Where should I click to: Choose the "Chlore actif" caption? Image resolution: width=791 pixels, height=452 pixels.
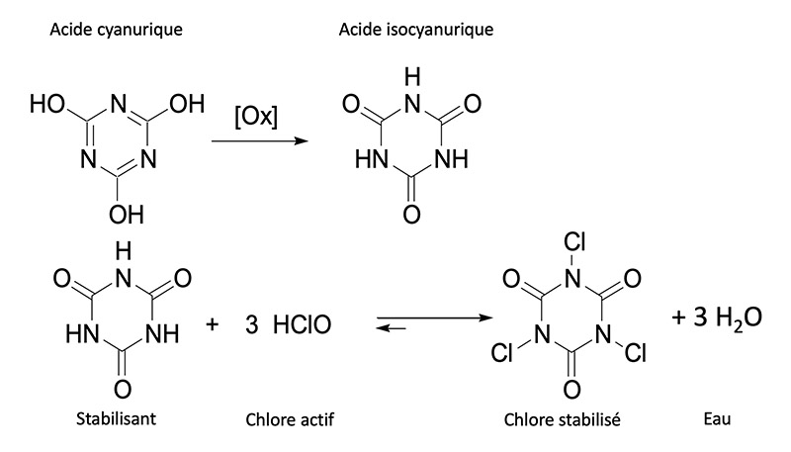pos(291,419)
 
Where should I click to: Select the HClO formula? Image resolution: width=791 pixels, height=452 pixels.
pos(296,324)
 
